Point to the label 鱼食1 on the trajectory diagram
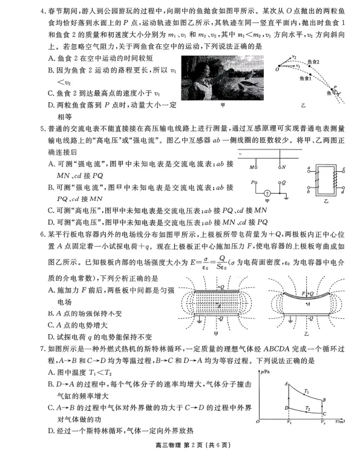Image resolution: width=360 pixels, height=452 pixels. click(314, 77)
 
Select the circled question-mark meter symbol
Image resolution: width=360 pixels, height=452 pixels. click(267, 192)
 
